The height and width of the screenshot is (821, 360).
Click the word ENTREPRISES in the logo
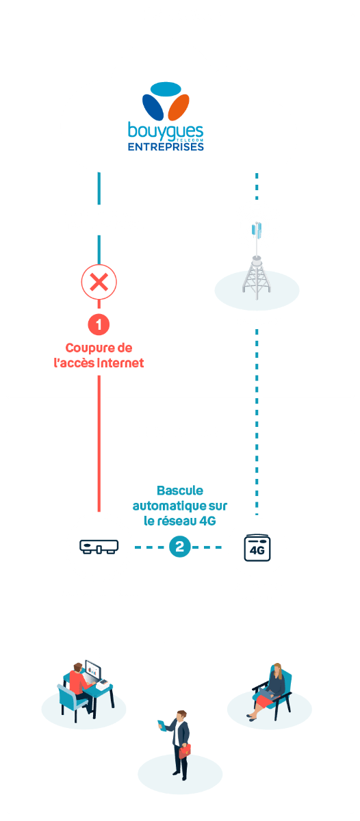166,146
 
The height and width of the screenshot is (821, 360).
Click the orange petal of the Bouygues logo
179,107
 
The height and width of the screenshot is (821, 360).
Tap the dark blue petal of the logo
153,107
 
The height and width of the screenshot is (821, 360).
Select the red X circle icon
99,282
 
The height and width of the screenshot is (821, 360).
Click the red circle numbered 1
99,324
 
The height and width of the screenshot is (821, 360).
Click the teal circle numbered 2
179,547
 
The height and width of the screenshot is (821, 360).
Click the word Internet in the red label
120,363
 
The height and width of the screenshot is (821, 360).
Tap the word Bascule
180,491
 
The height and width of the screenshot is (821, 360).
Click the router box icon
99,547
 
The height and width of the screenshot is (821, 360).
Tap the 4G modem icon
257,548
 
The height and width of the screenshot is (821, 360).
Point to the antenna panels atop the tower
257,230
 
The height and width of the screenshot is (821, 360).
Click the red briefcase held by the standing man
185,751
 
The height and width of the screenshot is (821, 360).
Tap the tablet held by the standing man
162,725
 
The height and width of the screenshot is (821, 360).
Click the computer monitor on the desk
93,670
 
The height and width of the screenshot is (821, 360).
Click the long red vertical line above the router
99,443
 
